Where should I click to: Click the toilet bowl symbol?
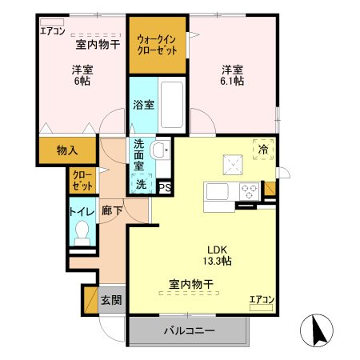point(82,233)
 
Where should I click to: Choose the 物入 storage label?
point(67,150)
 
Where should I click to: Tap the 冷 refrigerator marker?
point(264,149)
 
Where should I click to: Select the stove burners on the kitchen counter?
point(248,192)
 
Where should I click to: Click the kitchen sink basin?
point(218,193)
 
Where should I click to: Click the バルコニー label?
point(189,330)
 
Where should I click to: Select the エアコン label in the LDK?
point(262,299)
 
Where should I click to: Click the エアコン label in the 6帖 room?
point(52,31)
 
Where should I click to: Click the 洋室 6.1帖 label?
point(233,74)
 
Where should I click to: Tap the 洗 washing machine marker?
point(141,184)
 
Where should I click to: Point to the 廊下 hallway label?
point(111,212)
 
